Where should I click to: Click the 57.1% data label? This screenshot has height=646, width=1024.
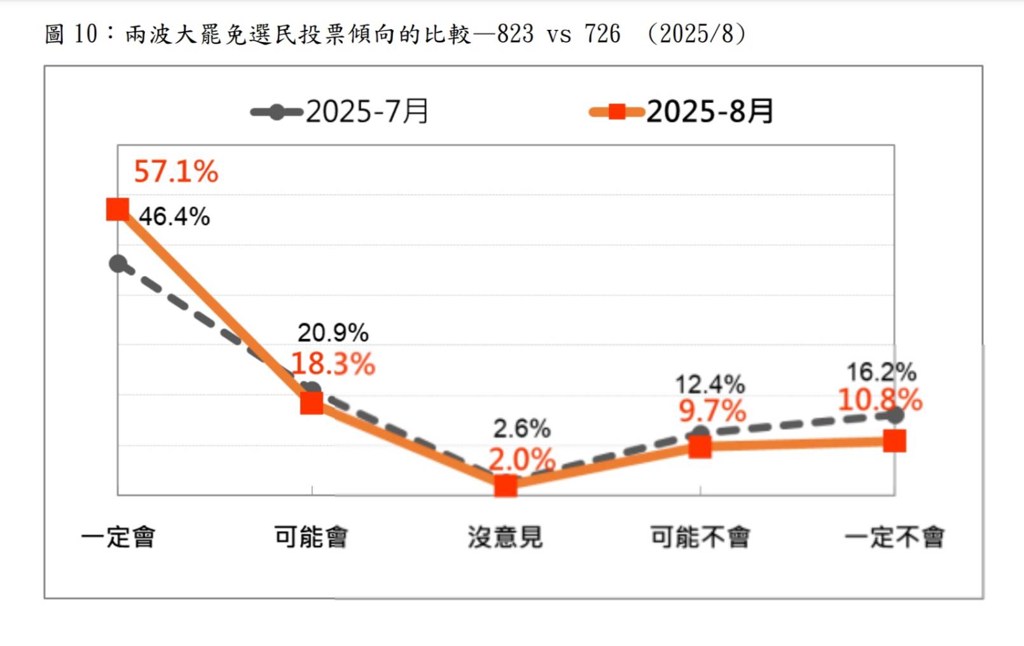[176, 172]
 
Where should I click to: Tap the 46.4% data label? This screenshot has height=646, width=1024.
[174, 217]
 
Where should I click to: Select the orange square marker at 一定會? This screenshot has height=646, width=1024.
[118, 209]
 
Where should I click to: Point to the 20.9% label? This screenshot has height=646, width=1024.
[333, 333]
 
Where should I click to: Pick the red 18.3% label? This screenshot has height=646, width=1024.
[333, 364]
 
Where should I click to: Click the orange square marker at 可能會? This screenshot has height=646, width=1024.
[312, 402]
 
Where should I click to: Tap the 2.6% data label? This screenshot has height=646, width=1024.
[522, 429]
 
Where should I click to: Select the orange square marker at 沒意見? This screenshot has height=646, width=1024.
[506, 486]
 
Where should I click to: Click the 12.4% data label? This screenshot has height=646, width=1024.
[710, 385]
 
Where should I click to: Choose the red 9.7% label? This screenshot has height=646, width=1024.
[712, 411]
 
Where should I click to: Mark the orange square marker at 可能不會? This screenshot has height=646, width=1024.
[700, 446]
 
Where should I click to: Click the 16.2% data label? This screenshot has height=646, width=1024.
[881, 372]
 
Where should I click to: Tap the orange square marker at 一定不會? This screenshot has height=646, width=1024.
[894, 441]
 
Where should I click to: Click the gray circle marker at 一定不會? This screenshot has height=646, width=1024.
[895, 415]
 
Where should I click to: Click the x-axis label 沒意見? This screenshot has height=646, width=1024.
[505, 537]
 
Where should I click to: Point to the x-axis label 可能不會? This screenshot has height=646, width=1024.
[700, 537]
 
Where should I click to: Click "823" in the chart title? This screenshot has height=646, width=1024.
[515, 34]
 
